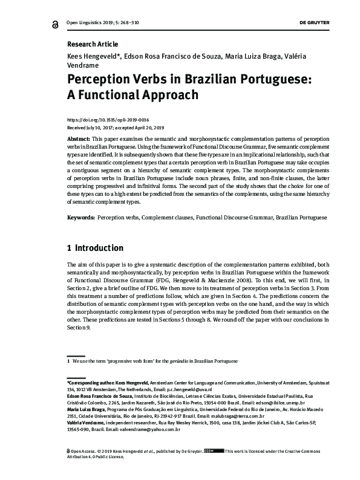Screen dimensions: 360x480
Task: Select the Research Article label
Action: [x=93, y=44]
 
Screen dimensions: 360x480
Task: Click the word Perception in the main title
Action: [x=104, y=80]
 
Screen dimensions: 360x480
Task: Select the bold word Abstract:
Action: [x=79, y=138]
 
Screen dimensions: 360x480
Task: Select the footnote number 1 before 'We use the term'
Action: [x=68, y=360]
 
